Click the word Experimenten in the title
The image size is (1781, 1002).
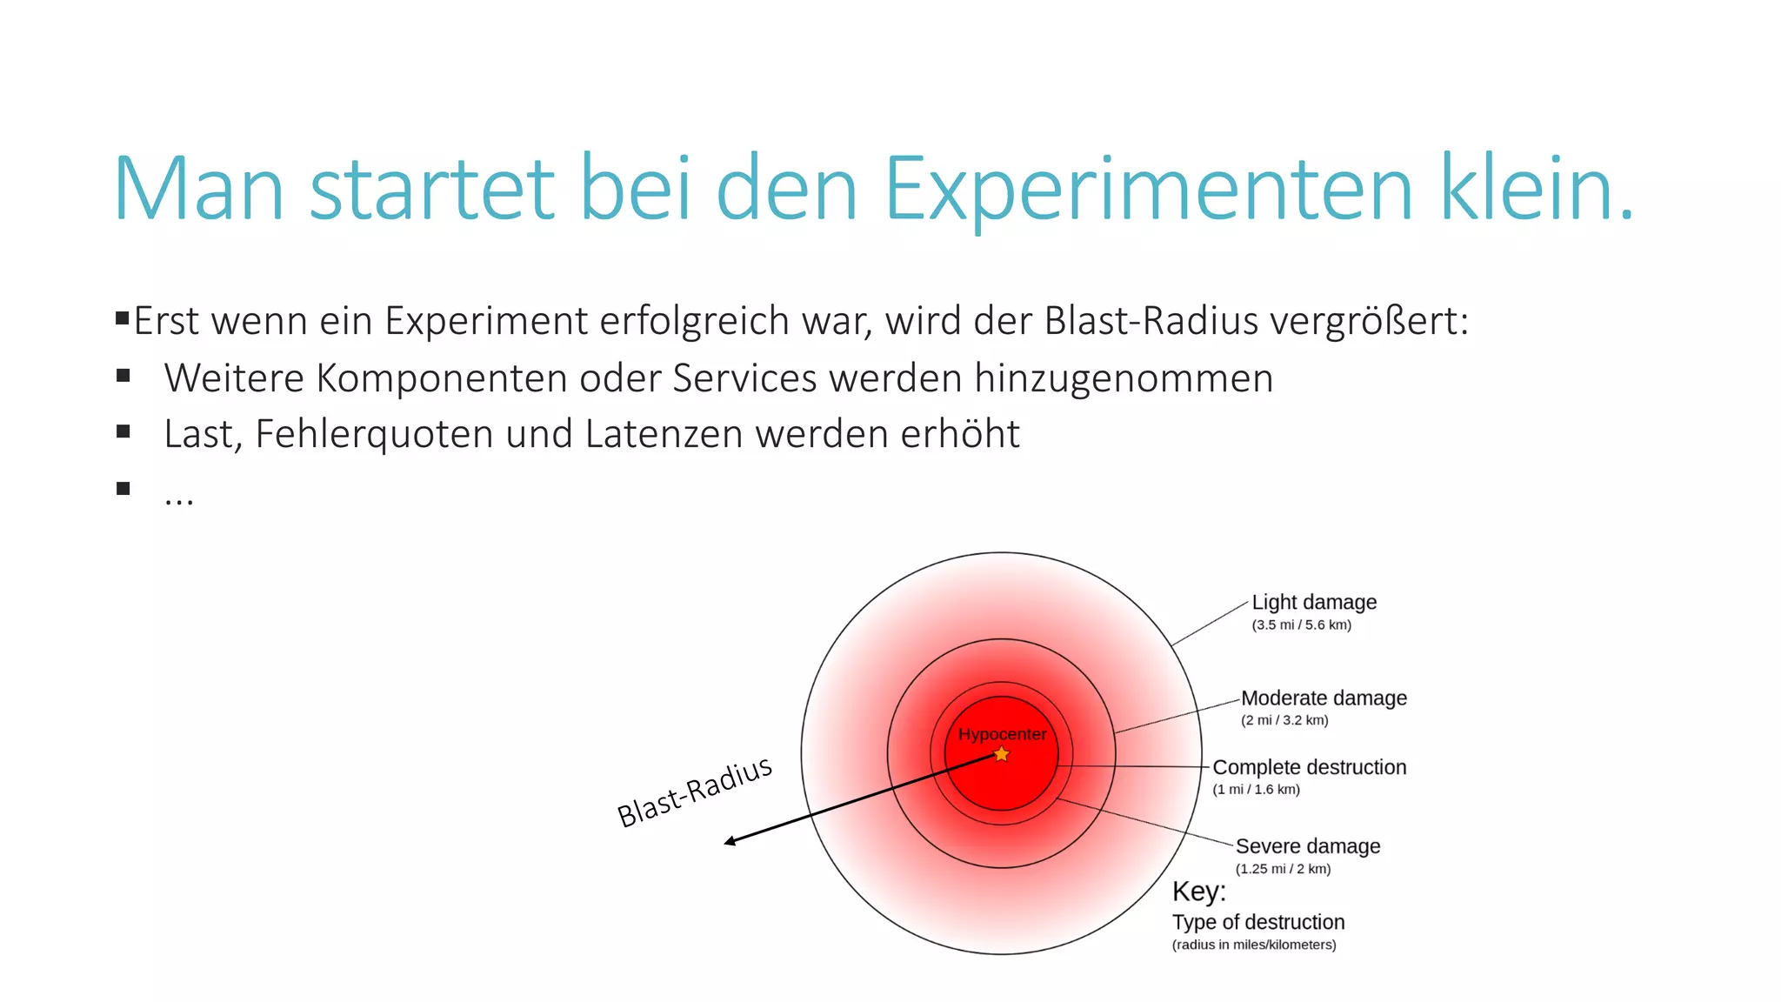pos(1148,190)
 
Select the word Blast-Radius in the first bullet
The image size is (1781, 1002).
pos(1151,321)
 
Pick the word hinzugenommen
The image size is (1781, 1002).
pos(1123,378)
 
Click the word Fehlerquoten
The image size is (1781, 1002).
pos(374,434)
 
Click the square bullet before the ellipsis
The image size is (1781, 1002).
pos(123,489)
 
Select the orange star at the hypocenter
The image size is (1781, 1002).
pos(1002,754)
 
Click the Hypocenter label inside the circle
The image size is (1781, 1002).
pos(1002,734)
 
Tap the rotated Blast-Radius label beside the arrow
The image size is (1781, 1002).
pos(694,792)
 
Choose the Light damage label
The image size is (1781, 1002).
pos(1313,602)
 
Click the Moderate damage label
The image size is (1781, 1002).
pos(1323,698)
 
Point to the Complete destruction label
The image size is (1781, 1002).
pos(1309,767)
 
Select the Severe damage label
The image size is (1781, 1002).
pos(1307,846)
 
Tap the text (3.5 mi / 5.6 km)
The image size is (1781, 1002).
pos(1301,625)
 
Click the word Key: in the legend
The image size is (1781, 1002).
pos(1198,892)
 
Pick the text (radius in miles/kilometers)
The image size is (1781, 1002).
pos(1253,945)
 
